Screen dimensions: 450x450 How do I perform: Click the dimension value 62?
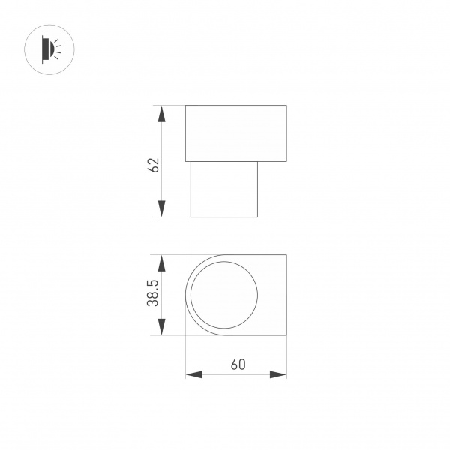(x=154, y=166)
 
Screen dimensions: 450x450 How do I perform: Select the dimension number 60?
(x=238, y=365)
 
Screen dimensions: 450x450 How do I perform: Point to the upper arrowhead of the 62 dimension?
(x=161, y=113)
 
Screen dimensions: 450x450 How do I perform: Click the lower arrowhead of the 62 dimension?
(x=161, y=209)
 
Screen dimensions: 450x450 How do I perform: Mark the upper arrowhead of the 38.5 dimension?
(x=161, y=262)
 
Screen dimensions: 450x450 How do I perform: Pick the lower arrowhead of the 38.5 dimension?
(x=161, y=327)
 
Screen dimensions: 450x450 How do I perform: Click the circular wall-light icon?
(x=49, y=49)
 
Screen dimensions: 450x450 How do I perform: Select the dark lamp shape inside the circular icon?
(x=46, y=49)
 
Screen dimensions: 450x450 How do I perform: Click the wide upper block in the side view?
(x=236, y=133)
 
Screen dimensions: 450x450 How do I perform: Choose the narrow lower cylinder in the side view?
(x=224, y=189)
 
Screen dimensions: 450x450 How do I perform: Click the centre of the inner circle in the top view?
(x=223, y=295)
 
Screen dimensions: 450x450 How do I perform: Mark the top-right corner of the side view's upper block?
(x=286, y=106)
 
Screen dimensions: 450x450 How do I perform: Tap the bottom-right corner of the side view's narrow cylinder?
(x=257, y=217)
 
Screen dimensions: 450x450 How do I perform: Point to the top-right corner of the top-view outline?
(x=286, y=255)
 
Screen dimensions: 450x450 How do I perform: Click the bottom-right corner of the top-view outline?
(x=286, y=335)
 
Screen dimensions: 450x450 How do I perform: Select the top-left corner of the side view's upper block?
(x=186, y=106)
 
